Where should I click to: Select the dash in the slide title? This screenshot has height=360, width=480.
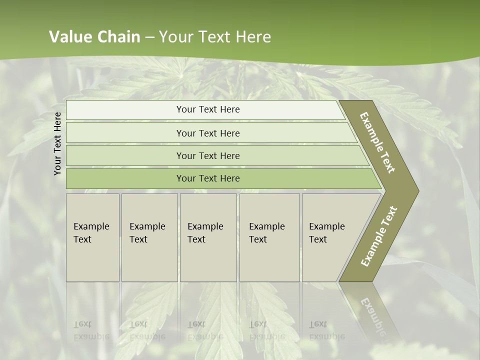(x=149, y=37)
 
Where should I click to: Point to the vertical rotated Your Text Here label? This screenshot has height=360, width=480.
(x=57, y=143)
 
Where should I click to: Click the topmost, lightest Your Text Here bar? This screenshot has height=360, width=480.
(x=207, y=109)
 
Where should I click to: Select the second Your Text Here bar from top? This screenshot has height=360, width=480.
(x=207, y=133)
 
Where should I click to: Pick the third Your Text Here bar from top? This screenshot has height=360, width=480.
(x=207, y=155)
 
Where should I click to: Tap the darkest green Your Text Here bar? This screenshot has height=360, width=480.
(x=207, y=178)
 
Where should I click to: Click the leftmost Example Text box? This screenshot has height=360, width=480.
(x=92, y=237)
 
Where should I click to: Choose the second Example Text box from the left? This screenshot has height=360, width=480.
(x=149, y=237)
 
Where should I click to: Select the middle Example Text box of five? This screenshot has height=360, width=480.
(x=208, y=237)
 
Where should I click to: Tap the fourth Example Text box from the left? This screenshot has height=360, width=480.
(x=269, y=237)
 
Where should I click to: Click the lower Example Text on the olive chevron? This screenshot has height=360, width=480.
(x=379, y=236)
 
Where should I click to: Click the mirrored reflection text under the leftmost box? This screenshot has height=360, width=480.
(x=91, y=330)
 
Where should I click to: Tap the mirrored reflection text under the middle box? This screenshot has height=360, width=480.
(x=205, y=330)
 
